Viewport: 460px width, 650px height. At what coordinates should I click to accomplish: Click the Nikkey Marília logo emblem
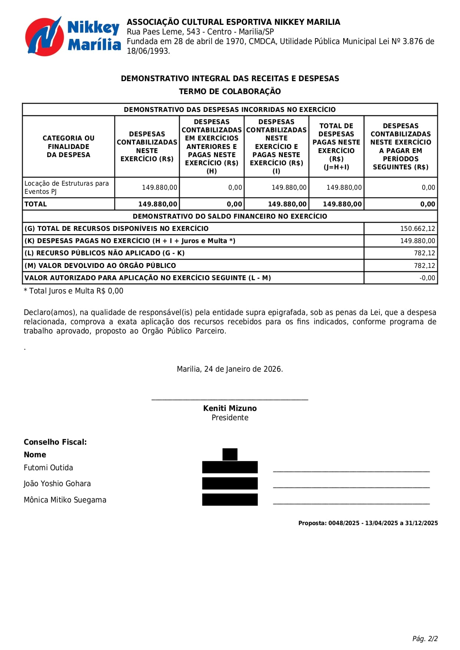[x=44, y=36]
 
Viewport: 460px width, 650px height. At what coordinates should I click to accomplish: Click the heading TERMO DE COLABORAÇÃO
[x=230, y=92]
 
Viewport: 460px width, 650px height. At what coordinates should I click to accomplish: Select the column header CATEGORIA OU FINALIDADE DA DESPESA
[x=69, y=146]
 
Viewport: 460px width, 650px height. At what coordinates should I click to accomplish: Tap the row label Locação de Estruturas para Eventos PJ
[x=67, y=188]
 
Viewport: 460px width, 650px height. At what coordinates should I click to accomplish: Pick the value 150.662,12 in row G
[x=417, y=229]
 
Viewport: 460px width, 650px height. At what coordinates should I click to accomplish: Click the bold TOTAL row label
[x=36, y=204]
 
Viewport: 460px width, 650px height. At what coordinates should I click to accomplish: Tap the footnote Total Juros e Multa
[x=73, y=291]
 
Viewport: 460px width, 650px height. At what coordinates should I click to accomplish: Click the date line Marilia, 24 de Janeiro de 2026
[x=230, y=369]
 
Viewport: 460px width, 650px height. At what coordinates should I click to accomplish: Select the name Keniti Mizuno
[x=230, y=408]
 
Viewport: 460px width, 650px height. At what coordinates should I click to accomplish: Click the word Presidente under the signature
[x=230, y=418]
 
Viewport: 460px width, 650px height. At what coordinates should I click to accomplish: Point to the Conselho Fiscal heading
[x=55, y=442]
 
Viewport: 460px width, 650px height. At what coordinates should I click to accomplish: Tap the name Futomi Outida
[x=49, y=468]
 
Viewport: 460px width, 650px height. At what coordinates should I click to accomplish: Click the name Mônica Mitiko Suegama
[x=65, y=500]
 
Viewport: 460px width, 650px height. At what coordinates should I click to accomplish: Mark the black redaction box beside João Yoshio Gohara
[x=230, y=484]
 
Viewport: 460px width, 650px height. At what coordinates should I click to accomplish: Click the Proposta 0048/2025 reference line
[x=368, y=523]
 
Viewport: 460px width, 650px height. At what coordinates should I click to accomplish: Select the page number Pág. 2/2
[x=425, y=639]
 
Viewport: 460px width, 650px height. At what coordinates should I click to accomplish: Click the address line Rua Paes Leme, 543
[x=200, y=32]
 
